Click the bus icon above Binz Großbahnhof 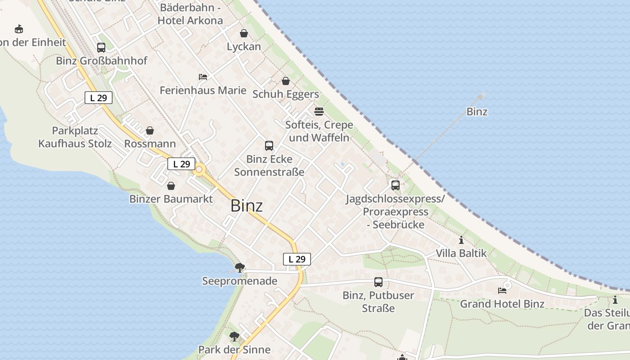pyautogui.click(x=101, y=48)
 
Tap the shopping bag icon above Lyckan pyautogui.click(x=243, y=33)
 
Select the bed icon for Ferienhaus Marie pyautogui.click(x=203, y=77)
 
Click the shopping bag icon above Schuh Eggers pyautogui.click(x=285, y=81)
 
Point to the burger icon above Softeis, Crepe pyautogui.click(x=319, y=111)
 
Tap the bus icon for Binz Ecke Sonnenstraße pyautogui.click(x=269, y=146)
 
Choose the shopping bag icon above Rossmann pyautogui.click(x=150, y=130)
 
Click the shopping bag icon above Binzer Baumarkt pyautogui.click(x=171, y=186)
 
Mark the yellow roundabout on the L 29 pyautogui.click(x=199, y=170)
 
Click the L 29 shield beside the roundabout pyautogui.click(x=181, y=164)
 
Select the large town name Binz pyautogui.click(x=247, y=206)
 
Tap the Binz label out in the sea pyautogui.click(x=477, y=112)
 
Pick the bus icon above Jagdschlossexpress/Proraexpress pyautogui.click(x=396, y=185)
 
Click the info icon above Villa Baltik pyautogui.click(x=461, y=240)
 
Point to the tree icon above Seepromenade pyautogui.click(x=240, y=268)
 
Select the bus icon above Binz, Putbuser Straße pyautogui.click(x=378, y=282)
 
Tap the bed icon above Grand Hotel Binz pyautogui.click(x=502, y=291)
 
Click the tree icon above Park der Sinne pyautogui.click(x=234, y=336)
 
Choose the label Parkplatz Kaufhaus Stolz pyautogui.click(x=75, y=137)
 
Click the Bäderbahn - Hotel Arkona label pyautogui.click(x=190, y=14)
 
